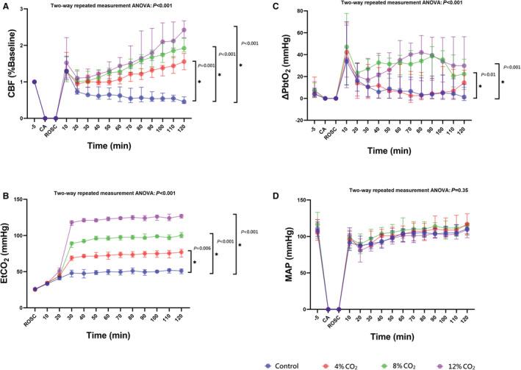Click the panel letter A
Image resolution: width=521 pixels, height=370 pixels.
coord(5,7)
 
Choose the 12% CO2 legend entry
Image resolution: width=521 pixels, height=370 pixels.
coord(461,363)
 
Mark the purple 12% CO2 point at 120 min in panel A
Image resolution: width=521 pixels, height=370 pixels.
coord(183,30)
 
